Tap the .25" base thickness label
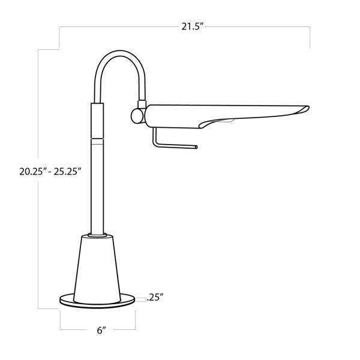[x=154, y=297]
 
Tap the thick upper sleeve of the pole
[x=96, y=120]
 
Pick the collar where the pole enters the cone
[x=96, y=232]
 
